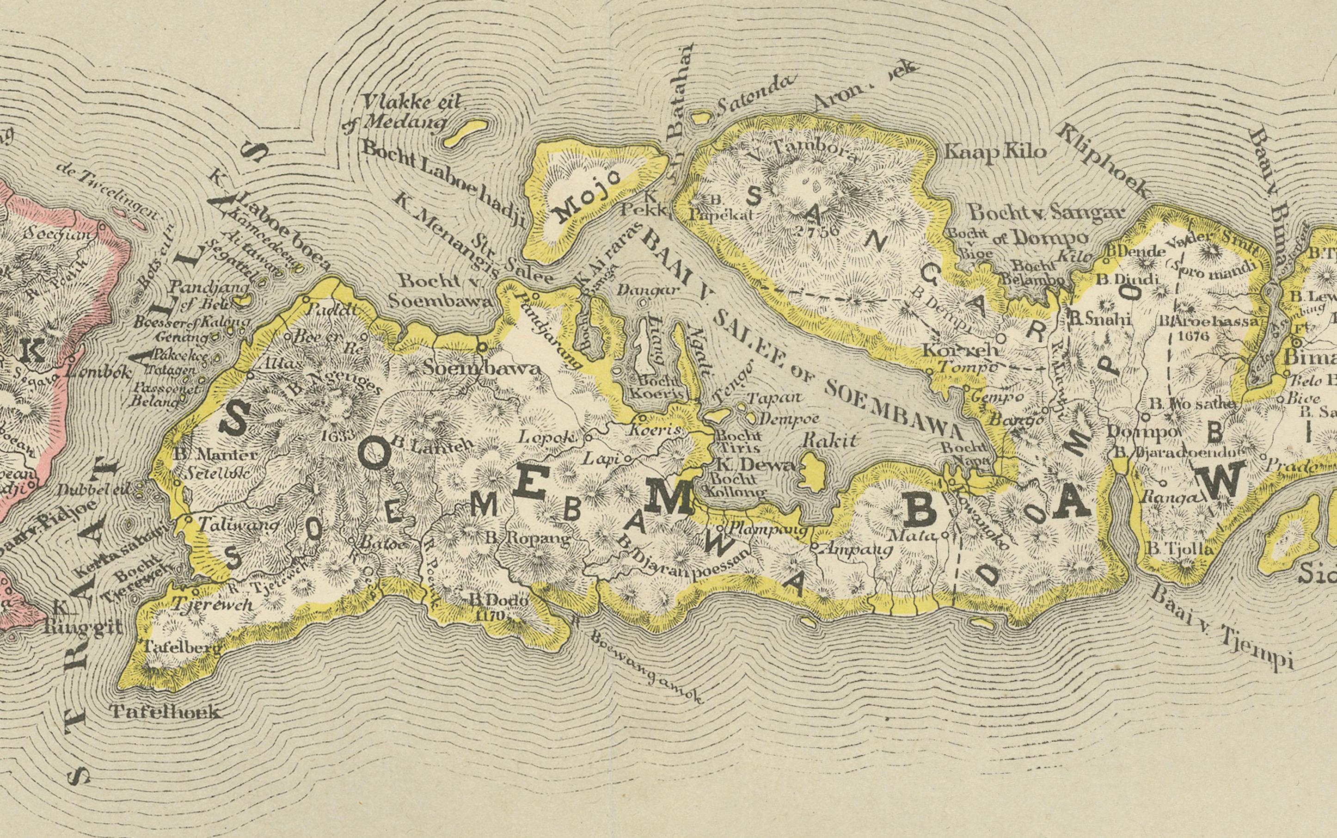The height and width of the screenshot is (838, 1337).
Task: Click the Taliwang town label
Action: coord(232,523)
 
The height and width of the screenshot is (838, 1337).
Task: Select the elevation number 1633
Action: coord(337,435)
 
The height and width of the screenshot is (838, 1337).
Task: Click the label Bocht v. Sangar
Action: coord(1045,212)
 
